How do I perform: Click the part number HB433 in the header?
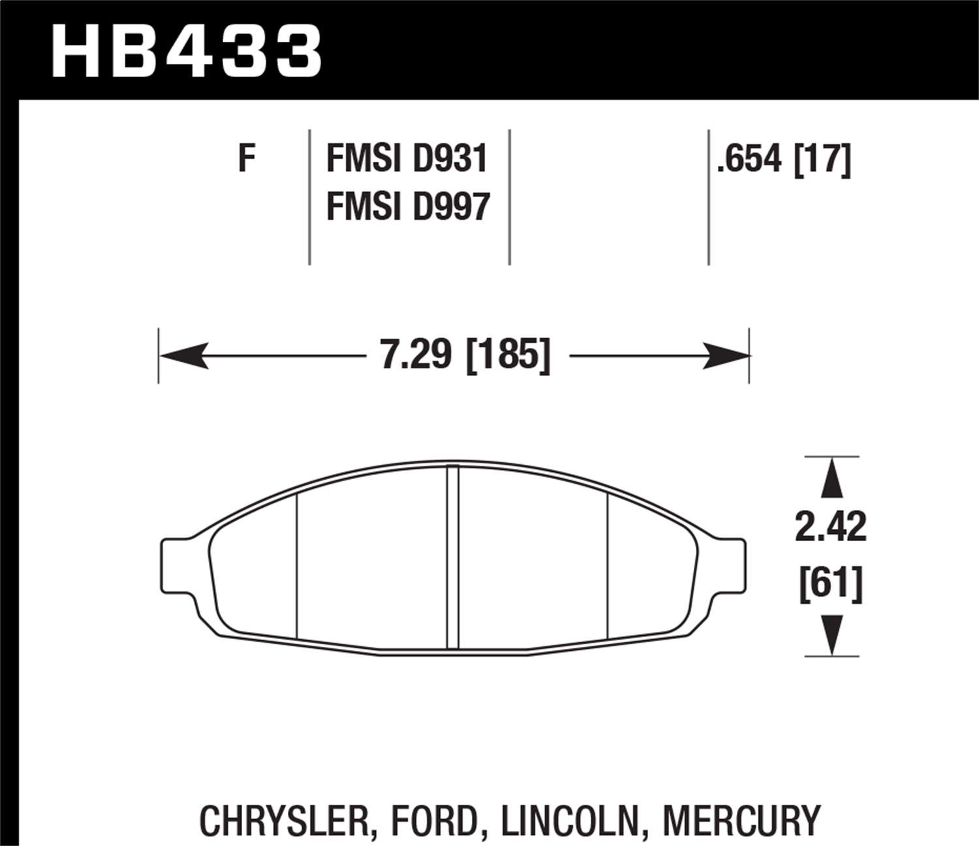(x=187, y=52)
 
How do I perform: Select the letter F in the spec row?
(x=246, y=159)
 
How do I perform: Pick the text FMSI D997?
(x=408, y=207)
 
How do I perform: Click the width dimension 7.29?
(x=416, y=355)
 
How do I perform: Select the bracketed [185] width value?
(x=508, y=355)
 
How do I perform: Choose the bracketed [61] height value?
(x=830, y=583)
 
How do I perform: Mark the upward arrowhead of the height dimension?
(x=831, y=480)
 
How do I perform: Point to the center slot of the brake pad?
(x=453, y=557)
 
